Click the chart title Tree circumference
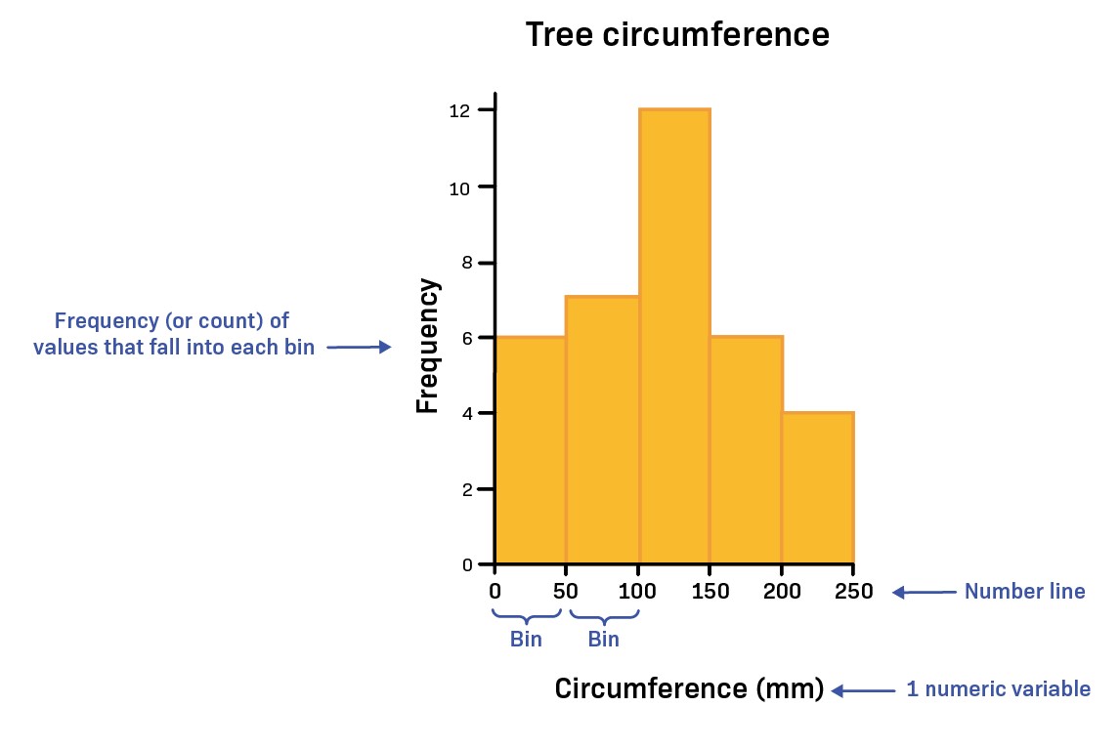click(x=677, y=35)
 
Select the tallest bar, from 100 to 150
click(x=674, y=337)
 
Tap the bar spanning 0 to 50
click(x=531, y=450)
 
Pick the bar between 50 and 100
click(x=602, y=430)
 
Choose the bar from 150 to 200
click(x=746, y=450)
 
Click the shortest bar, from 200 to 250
click(x=818, y=488)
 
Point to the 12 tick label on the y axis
click(x=460, y=111)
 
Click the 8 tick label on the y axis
click(x=466, y=263)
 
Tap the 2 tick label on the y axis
click(x=466, y=488)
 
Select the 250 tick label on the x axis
click(x=854, y=591)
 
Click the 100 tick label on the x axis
click(x=638, y=591)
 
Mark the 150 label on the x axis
click(x=710, y=591)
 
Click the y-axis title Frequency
click(x=428, y=347)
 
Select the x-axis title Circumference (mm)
click(x=689, y=688)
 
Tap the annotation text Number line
click(x=1024, y=591)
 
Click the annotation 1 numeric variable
click(x=998, y=689)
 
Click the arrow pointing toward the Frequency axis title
click(x=359, y=347)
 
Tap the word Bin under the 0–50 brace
click(x=526, y=640)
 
